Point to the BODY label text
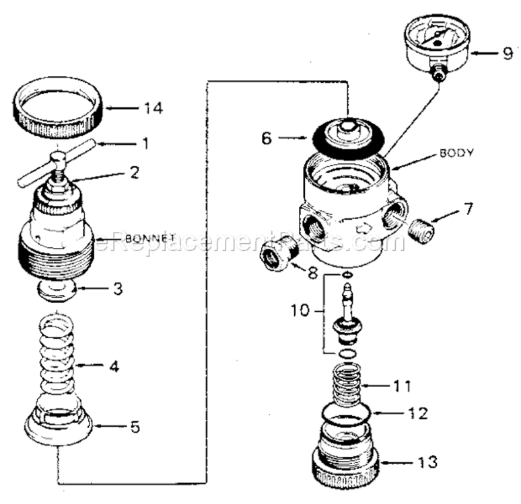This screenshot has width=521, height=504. coord(456,153)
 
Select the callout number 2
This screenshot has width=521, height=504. coord(135,172)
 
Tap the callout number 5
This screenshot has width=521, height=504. coord(135,426)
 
